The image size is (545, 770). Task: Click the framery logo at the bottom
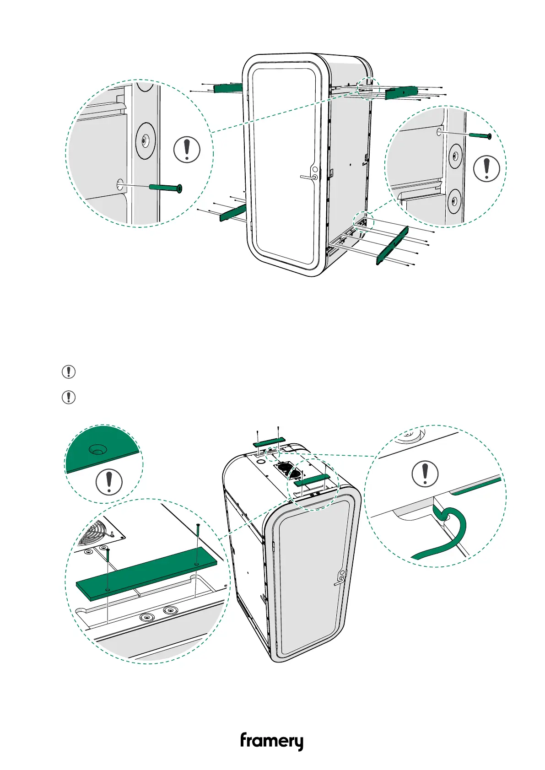[x=271, y=741]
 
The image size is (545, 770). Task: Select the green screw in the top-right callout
[x=480, y=136]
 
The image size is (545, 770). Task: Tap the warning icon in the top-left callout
[x=187, y=149]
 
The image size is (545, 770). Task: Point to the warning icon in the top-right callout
[x=486, y=168]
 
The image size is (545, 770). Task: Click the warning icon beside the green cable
[x=425, y=474]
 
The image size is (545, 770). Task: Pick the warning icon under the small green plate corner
[x=109, y=481]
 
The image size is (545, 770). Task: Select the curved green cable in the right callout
[x=451, y=531]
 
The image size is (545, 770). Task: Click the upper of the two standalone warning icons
[x=69, y=372]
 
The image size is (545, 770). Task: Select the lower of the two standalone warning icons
[x=69, y=397]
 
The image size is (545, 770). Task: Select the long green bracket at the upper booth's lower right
[x=392, y=246]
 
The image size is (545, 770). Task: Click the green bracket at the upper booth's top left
[x=227, y=87]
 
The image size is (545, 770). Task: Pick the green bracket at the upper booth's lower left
[x=233, y=213]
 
